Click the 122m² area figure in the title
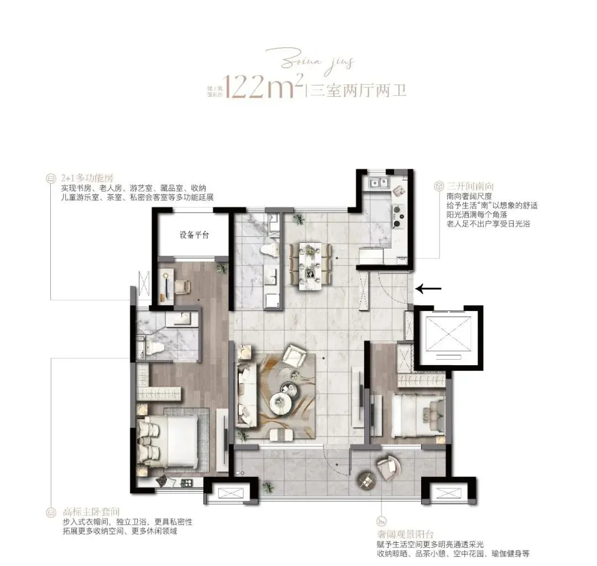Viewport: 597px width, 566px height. pyautogui.click(x=263, y=87)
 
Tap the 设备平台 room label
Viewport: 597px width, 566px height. pyautogui.click(x=193, y=235)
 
